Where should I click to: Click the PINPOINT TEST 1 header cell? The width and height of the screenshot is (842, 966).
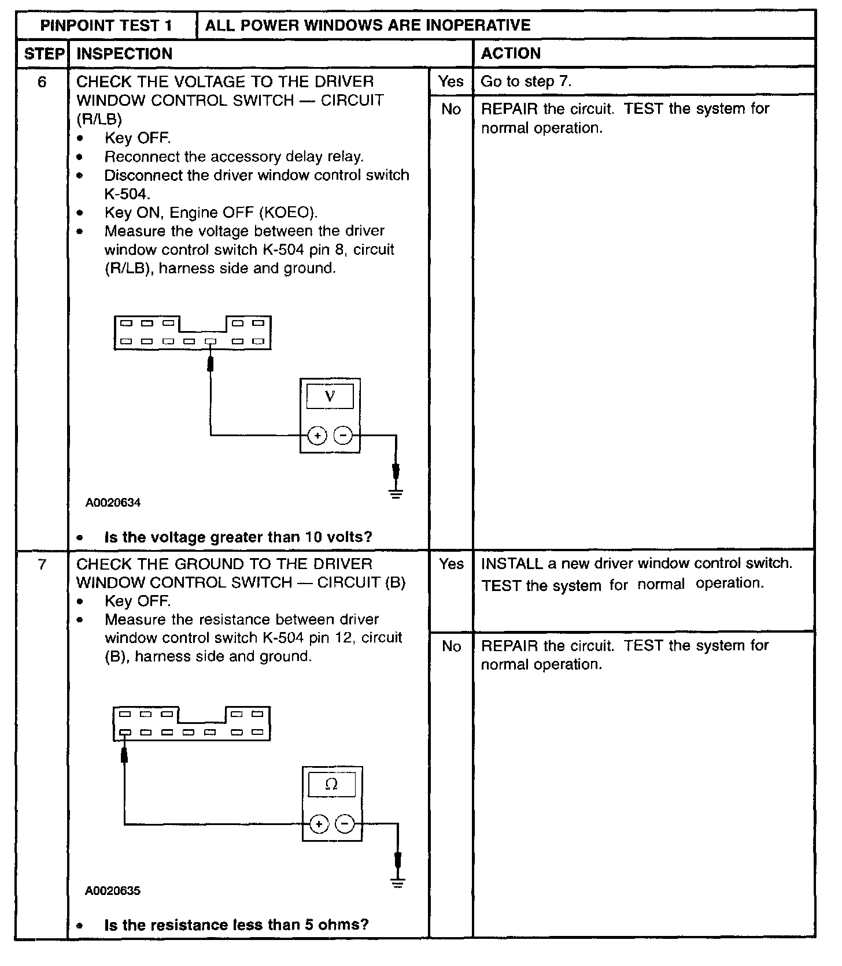click(x=106, y=25)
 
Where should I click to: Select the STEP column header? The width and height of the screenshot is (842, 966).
click(x=43, y=54)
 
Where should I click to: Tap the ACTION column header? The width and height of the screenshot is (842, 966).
click(x=511, y=54)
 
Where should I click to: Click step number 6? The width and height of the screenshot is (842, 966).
click(x=42, y=82)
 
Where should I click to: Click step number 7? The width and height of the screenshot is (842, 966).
click(x=42, y=564)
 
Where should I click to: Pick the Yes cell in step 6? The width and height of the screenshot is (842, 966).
click(x=450, y=81)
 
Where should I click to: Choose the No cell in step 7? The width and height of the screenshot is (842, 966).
click(x=451, y=646)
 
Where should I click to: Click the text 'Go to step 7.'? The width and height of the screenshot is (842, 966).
click(x=526, y=81)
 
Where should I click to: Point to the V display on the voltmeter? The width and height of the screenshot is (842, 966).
click(x=330, y=396)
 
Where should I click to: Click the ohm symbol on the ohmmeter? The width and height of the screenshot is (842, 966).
click(x=332, y=784)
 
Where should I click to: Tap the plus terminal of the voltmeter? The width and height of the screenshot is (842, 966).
click(x=317, y=436)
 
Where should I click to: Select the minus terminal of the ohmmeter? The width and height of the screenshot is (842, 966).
click(x=345, y=824)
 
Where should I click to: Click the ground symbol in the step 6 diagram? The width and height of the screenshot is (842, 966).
click(x=396, y=493)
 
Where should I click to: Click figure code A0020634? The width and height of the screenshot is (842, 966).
click(x=113, y=503)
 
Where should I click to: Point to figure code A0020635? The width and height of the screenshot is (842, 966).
click(x=113, y=891)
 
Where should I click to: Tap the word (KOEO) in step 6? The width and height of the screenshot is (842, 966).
click(x=289, y=213)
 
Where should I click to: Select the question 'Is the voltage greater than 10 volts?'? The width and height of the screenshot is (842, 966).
click(x=238, y=537)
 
